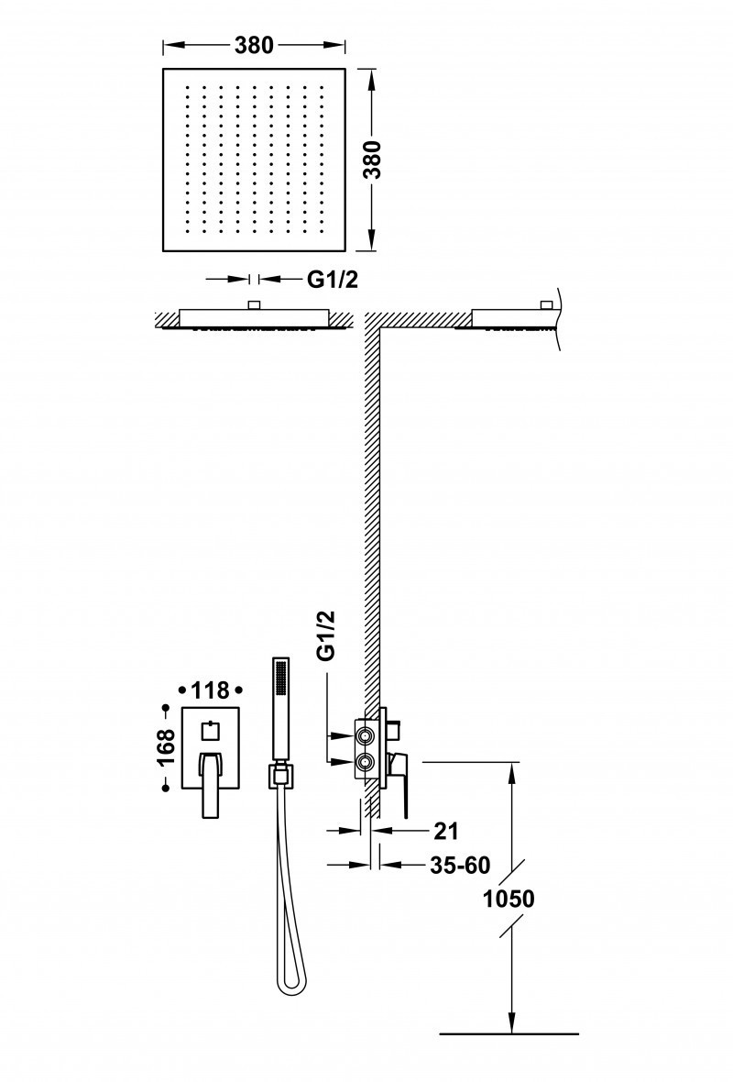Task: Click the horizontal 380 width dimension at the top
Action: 254,45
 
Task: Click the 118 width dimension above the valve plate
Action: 211,689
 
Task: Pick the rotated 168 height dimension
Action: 166,747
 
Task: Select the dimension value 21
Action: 445,831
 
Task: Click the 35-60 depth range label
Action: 460,865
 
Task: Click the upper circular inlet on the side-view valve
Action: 366,734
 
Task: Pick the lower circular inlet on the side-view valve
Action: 366,760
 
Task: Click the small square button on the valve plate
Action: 210,731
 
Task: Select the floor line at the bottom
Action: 509,1033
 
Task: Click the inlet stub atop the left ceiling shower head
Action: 255,304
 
